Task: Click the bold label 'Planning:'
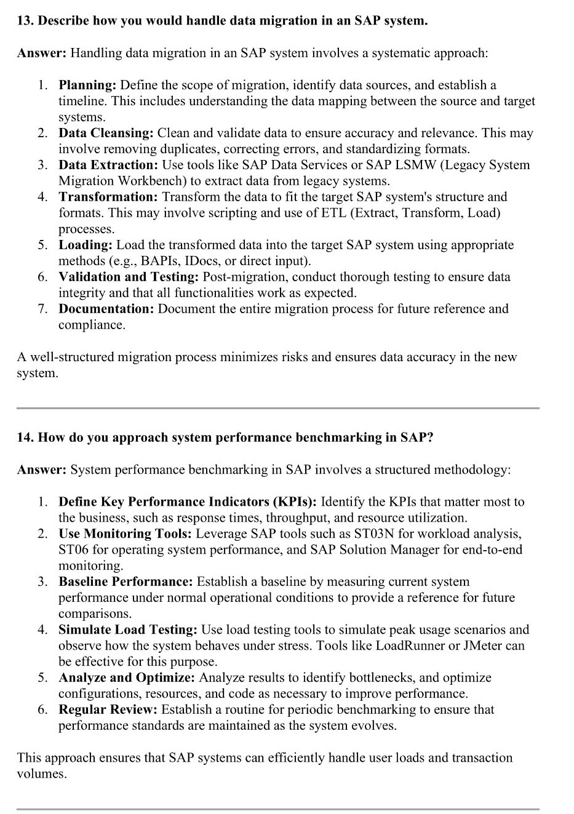(87, 85)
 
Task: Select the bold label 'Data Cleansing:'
(106, 133)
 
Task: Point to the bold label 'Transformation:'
(108, 197)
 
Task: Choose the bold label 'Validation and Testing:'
(129, 277)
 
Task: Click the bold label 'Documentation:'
(106, 309)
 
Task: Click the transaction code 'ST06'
(73, 549)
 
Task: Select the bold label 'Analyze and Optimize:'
(127, 677)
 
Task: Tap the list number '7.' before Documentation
(42, 309)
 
